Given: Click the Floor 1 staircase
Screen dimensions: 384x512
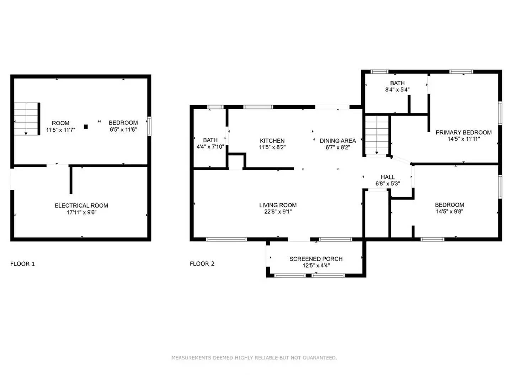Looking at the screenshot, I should click(26, 119).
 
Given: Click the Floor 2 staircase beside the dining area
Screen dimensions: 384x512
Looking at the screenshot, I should click(377, 135).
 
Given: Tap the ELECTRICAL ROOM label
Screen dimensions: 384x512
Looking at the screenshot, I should click(81, 206).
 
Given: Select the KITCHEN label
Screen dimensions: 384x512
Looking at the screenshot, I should click(272, 141).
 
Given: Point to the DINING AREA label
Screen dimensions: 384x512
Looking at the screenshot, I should click(337, 141).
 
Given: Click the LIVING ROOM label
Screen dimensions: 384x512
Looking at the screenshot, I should click(278, 205).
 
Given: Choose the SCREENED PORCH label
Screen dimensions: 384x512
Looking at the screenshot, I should click(316, 259).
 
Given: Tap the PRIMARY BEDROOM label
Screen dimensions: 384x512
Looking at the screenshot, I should click(464, 133).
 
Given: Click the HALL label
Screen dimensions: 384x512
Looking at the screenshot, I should click(388, 177).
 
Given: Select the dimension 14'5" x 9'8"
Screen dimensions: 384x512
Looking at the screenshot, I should click(449, 212).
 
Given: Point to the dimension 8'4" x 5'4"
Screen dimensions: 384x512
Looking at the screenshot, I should click(397, 90).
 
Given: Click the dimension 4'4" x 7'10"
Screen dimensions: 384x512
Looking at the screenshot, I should click(210, 147).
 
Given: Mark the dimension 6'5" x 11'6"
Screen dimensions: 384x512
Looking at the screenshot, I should click(123, 130).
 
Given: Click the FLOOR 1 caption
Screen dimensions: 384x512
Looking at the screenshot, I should click(23, 264).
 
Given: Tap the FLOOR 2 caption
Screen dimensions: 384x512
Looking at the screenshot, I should click(202, 264).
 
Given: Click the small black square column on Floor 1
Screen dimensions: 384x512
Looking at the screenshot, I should click(86, 126).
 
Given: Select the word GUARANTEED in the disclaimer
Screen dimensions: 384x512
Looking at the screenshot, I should click(319, 358).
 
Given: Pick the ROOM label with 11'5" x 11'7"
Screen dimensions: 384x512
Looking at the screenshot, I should click(60, 123).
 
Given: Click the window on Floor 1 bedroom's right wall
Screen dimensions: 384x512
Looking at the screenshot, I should click(149, 126).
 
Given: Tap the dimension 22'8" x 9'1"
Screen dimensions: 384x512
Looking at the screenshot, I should click(278, 212).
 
